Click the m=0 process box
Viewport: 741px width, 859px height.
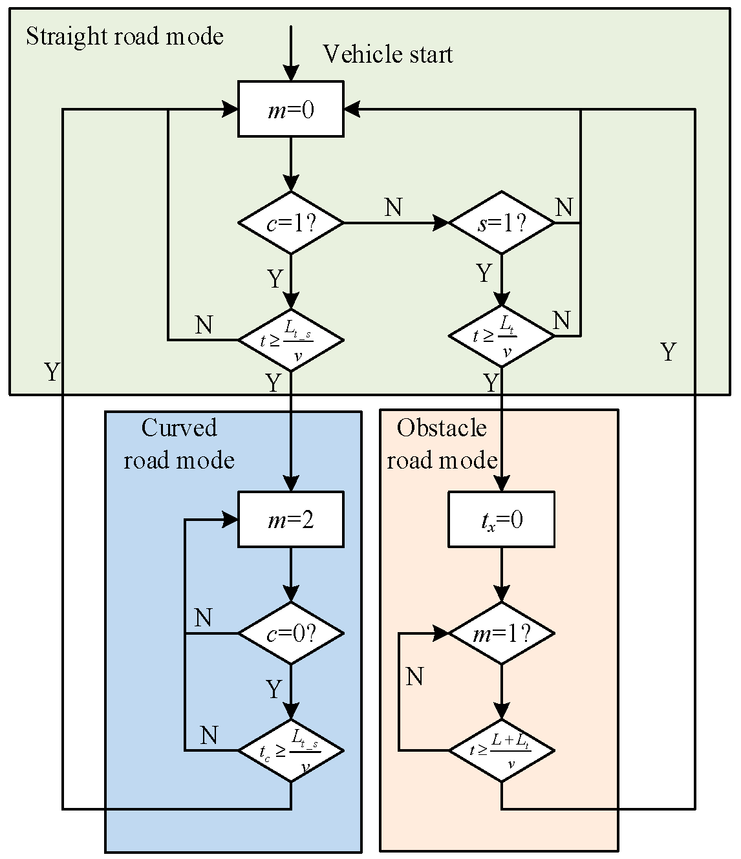[x=290, y=109]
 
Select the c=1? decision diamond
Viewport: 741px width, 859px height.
[x=290, y=223]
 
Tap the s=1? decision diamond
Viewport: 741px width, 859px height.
[x=501, y=223]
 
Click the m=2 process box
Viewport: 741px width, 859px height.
[x=290, y=520]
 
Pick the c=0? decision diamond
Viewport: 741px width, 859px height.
[x=290, y=633]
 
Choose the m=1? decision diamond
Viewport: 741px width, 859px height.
[x=501, y=633]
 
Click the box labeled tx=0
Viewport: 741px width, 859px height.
[x=501, y=520]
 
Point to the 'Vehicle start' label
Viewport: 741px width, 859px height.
[x=387, y=54]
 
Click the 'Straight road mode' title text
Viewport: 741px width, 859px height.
[x=125, y=36]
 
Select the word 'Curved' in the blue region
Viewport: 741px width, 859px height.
[x=179, y=428]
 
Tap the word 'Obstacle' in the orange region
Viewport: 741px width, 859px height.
[x=442, y=428]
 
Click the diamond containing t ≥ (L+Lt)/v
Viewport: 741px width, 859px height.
[x=501, y=750]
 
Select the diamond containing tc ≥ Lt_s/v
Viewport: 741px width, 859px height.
[x=290, y=750]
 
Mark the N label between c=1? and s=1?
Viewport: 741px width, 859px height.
[x=393, y=207]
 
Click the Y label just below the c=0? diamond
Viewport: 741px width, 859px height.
[x=274, y=690]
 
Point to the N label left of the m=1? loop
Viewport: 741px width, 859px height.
[x=414, y=677]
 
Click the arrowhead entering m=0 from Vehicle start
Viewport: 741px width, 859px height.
[x=290, y=74]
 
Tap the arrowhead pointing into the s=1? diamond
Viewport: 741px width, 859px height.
[x=442, y=223]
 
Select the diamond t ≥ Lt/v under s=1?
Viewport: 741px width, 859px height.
[x=501, y=337]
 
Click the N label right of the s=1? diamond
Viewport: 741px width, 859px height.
[x=564, y=207]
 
